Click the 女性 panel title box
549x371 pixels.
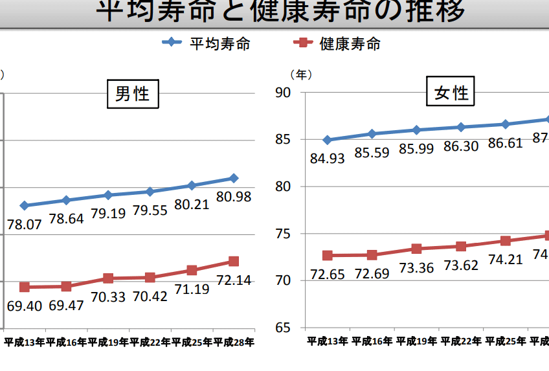pyautogui.click(x=451, y=93)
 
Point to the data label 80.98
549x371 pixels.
pyautogui.click(x=234, y=196)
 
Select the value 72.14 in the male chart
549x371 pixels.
pyautogui.click(x=234, y=280)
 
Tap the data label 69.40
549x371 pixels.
pyautogui.click(x=24, y=305)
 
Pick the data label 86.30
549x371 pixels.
pyautogui.click(x=461, y=146)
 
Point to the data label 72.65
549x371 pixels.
pyautogui.click(x=327, y=273)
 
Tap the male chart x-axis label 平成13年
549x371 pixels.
pyautogui.click(x=24, y=342)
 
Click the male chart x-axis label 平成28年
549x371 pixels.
pyautogui.click(x=234, y=342)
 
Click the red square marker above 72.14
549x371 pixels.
pyautogui.click(x=234, y=262)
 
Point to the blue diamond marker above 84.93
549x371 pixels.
pyautogui.click(x=327, y=140)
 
